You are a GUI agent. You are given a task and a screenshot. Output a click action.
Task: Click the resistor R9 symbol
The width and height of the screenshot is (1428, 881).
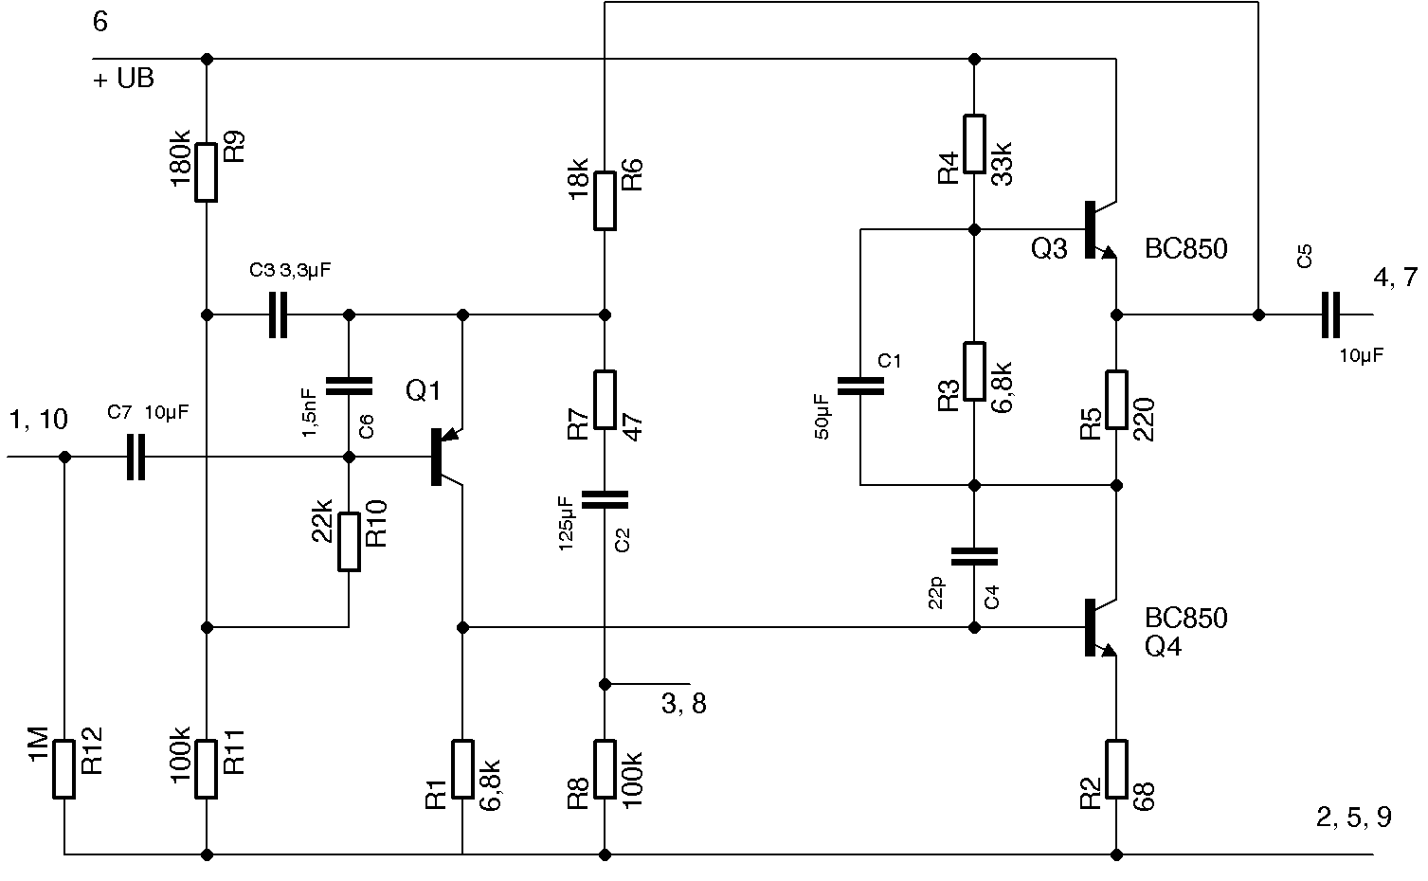point(206,171)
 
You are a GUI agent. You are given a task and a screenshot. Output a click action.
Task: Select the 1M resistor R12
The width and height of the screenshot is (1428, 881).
point(63,768)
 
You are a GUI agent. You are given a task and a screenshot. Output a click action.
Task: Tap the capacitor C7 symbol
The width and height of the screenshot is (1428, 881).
point(136,457)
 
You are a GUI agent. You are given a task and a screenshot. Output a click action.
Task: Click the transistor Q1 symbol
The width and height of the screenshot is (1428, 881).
point(445,457)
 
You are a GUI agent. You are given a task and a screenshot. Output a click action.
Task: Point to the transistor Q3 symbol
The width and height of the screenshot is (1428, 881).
point(1099,230)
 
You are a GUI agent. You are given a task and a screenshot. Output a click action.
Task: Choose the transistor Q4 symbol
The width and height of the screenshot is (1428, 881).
point(1099,628)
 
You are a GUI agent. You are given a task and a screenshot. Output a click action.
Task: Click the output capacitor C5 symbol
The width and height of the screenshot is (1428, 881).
point(1330,315)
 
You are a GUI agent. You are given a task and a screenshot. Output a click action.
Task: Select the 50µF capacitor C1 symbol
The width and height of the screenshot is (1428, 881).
point(860,385)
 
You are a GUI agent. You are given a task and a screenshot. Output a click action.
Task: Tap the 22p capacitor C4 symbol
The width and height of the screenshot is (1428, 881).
point(974,555)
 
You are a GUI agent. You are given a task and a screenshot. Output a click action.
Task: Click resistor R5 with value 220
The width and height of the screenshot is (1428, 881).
point(1117,400)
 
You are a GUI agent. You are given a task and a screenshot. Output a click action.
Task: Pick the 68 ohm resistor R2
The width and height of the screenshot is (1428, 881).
point(1117,768)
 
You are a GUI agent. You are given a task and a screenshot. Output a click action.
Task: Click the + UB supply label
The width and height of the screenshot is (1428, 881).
point(124,79)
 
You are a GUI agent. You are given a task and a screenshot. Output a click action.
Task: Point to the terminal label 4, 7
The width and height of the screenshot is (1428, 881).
point(1395,278)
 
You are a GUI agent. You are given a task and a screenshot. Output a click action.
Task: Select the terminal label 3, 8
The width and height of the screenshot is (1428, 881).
point(683,704)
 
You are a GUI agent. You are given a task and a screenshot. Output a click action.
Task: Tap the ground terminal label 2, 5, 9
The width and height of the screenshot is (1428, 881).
point(1354,818)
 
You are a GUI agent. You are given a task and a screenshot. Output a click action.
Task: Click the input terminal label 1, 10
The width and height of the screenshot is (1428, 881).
point(38,420)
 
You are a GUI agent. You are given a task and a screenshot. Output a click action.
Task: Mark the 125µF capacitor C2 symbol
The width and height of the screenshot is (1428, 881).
point(605,499)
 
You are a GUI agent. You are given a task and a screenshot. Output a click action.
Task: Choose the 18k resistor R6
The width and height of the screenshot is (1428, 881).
point(605,200)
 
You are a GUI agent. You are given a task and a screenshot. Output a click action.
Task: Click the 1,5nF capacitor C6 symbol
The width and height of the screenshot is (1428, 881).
point(349,385)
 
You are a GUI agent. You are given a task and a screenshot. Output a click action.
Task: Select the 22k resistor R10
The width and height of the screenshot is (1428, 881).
point(349,542)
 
